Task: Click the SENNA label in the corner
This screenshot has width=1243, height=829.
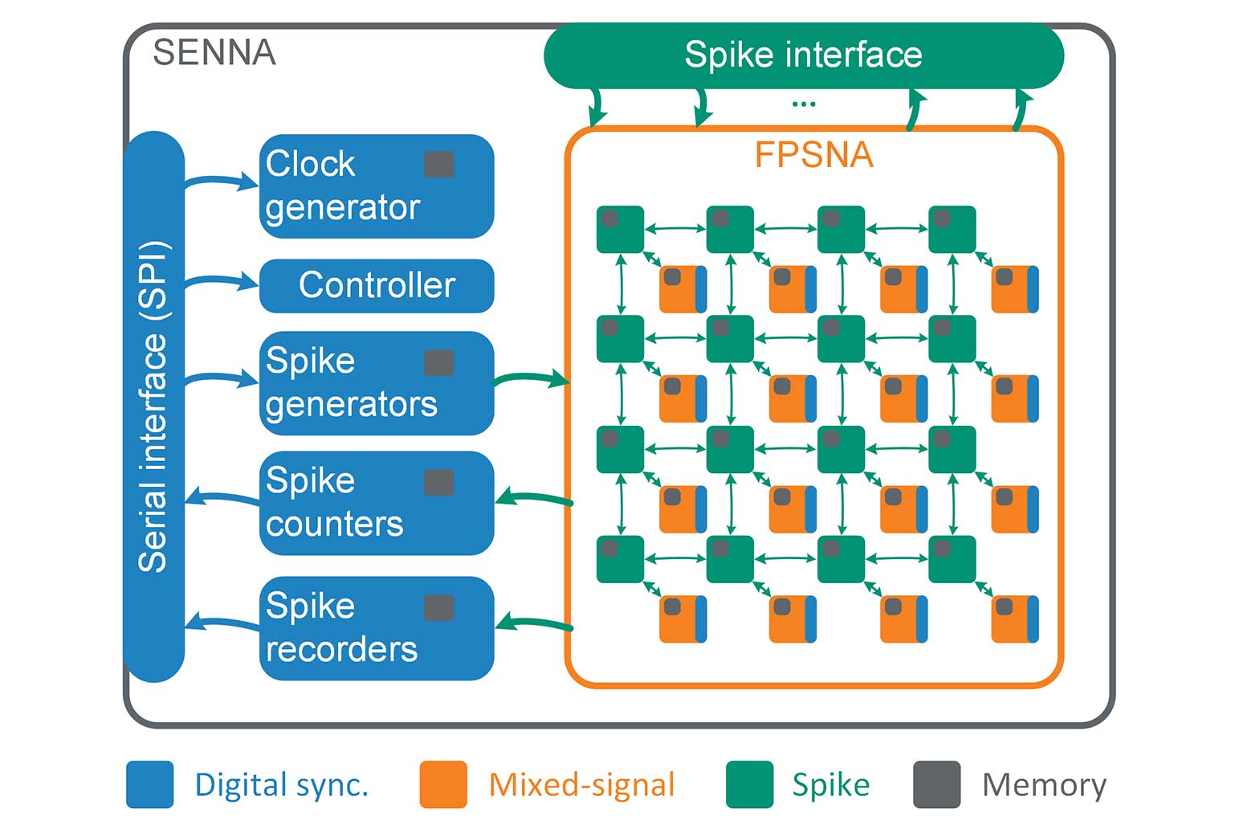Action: [214, 53]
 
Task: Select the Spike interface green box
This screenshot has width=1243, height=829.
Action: [803, 55]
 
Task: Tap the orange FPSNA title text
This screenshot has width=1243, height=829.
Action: [813, 155]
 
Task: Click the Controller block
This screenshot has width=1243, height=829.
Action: [376, 285]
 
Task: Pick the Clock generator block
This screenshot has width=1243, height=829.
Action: [376, 186]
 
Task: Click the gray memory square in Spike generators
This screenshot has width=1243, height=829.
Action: [438, 362]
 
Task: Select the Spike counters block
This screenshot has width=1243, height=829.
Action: [376, 503]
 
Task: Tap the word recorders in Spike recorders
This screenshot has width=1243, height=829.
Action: [341, 649]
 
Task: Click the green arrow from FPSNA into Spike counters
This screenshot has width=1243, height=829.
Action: [533, 498]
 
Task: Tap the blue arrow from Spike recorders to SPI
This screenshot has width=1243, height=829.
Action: [221, 622]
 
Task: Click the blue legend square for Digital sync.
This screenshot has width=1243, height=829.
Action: [150, 784]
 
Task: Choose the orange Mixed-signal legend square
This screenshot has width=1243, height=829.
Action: [443, 784]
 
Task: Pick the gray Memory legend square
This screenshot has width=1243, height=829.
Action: [937, 784]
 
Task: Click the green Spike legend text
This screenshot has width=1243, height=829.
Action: [830, 785]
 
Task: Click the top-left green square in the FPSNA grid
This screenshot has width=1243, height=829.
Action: [620, 229]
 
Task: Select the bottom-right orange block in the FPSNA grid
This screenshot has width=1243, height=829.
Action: [1014, 619]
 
